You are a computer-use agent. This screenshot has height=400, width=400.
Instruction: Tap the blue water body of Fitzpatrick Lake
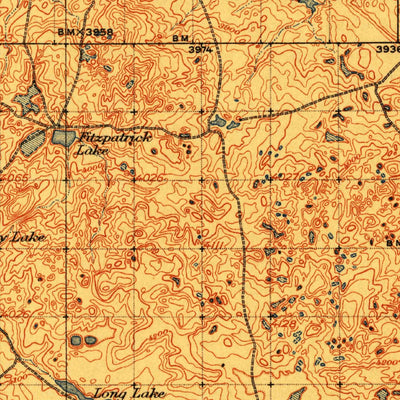(x=64, y=137)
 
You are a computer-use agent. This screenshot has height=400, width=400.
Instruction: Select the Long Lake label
(x=126, y=392)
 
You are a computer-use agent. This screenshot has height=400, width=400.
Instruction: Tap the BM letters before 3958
(x=65, y=32)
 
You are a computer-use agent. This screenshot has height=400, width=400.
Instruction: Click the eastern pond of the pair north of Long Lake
(x=91, y=340)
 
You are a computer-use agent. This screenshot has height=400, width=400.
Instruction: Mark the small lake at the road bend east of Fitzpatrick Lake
(x=218, y=124)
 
